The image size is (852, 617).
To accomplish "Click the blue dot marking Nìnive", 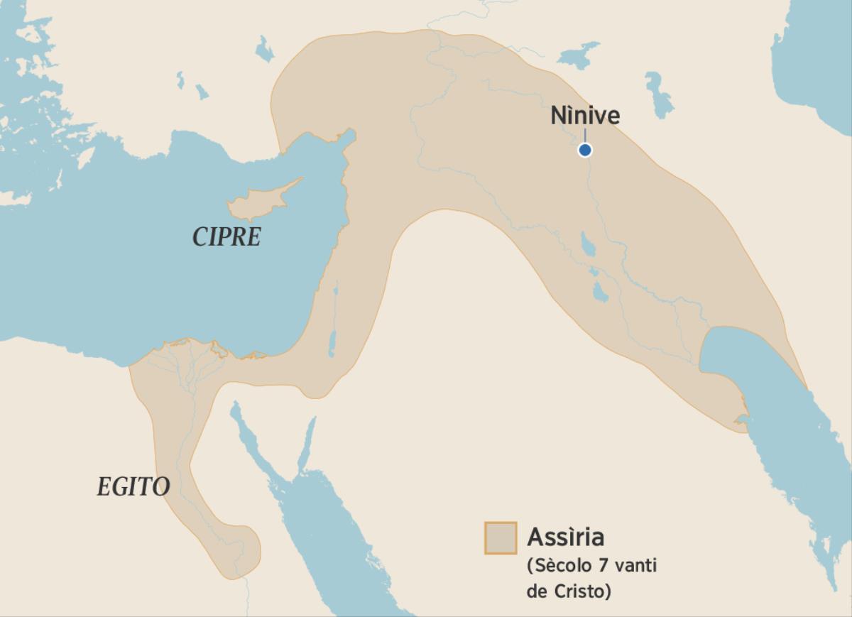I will click(x=584, y=150).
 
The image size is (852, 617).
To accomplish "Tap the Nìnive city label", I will click(x=585, y=116).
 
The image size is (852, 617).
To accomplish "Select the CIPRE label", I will click(x=226, y=236).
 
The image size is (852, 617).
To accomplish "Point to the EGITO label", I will click(x=133, y=487).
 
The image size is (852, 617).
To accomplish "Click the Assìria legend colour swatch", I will click(x=500, y=537).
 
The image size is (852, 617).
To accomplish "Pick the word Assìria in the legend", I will click(x=565, y=537).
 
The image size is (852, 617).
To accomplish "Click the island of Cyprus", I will click(x=256, y=202).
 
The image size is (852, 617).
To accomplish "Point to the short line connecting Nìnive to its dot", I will click(x=584, y=135).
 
